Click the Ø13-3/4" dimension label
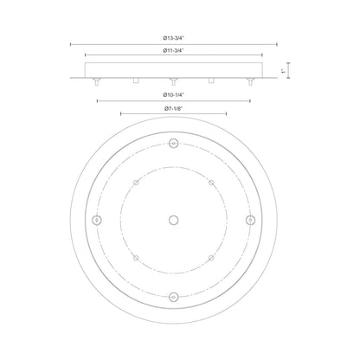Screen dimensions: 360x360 tap(173, 38)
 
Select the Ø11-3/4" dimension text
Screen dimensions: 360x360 tap(173, 50)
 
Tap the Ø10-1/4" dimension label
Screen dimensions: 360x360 tap(173, 94)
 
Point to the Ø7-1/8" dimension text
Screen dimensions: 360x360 tap(174, 108)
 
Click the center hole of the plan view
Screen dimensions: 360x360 tap(173, 220)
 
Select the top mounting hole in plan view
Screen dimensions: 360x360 tap(173, 143)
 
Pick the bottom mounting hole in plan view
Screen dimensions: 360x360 tap(173, 297)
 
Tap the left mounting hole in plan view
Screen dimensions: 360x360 tap(97, 220)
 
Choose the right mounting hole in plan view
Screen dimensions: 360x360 tap(250, 220)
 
